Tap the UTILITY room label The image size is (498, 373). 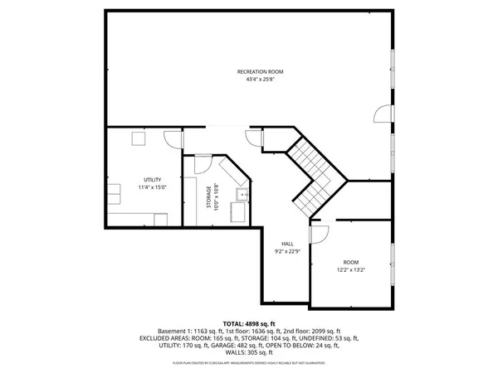tap(152, 180)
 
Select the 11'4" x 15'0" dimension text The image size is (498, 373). tap(152, 187)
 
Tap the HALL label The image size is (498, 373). tap(286, 243)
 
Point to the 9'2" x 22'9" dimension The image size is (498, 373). tap(286, 250)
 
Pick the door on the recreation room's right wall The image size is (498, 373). tap(381, 116)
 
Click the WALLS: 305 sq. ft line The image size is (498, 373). tap(249, 353)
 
